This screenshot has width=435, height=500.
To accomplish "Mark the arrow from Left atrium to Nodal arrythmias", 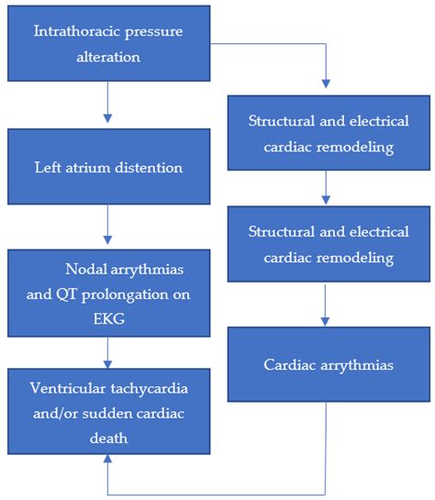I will point(108,226).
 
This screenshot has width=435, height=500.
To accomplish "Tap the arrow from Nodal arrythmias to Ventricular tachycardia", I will point(108,350).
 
